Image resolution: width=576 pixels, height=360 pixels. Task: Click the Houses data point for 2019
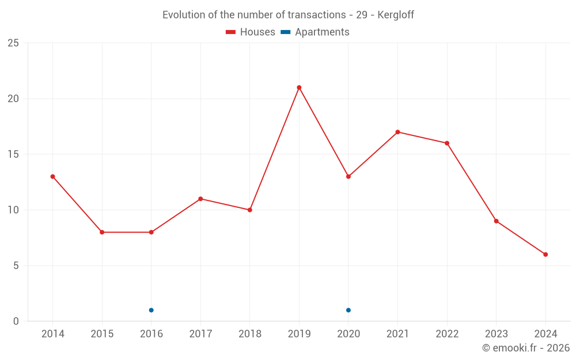pos(299,88)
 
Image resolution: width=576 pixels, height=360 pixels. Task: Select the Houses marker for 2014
pos(52,176)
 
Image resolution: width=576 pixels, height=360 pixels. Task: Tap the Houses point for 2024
pos(545,255)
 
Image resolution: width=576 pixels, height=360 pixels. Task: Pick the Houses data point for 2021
pos(397,132)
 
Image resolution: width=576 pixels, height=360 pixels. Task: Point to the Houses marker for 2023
pos(496,221)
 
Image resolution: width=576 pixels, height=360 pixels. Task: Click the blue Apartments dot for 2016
pos(151,310)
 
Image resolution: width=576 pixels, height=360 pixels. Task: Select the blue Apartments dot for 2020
pos(348,310)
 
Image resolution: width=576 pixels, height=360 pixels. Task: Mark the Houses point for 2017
pos(200,199)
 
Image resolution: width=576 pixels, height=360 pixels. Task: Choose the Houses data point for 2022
pos(447,143)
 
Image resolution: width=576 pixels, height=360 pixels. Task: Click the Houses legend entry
pos(251,32)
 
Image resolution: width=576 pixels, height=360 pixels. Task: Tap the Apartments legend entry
pos(315,32)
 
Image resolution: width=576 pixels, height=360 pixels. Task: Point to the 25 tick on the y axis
pos(13,43)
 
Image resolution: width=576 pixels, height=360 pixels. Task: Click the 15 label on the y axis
pos(13,154)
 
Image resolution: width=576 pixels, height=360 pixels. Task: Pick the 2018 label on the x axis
pos(250,334)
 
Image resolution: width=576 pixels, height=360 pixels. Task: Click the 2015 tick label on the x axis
pos(102,334)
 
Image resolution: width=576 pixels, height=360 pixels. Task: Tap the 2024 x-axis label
pos(545,334)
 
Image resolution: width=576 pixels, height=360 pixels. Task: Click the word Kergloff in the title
pos(396,15)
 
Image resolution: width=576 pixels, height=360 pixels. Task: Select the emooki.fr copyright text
pos(526,348)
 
